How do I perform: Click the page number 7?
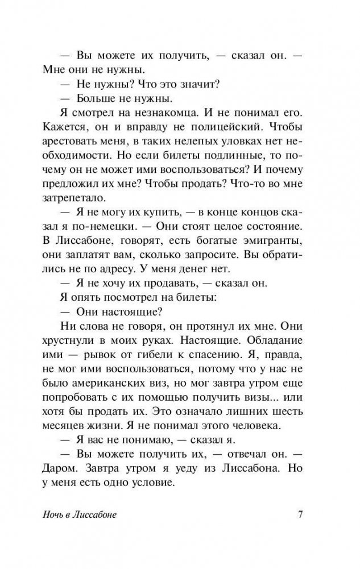coord(300,516)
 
